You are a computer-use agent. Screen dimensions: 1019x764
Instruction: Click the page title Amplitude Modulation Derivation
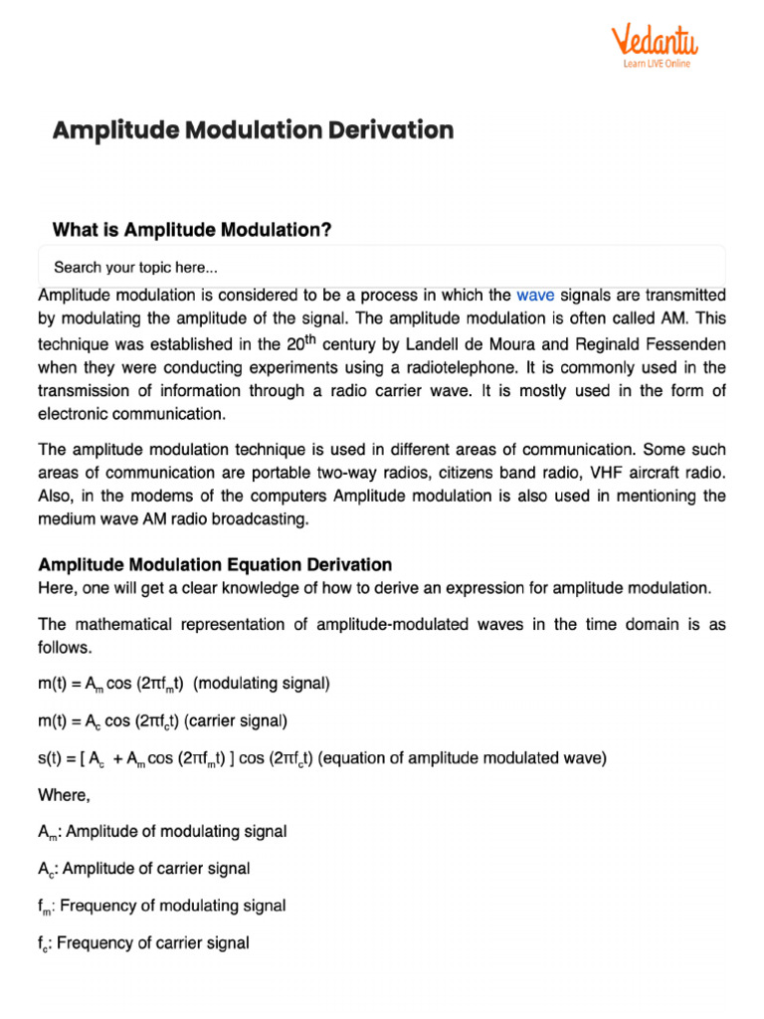pyautogui.click(x=253, y=130)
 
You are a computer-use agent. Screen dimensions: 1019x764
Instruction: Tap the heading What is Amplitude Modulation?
pyautogui.click(x=192, y=230)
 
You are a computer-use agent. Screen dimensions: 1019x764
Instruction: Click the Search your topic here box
pyautogui.click(x=381, y=268)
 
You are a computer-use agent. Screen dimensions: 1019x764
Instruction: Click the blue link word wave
pyautogui.click(x=535, y=296)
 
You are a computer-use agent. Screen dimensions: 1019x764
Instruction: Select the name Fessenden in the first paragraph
pyautogui.click(x=690, y=343)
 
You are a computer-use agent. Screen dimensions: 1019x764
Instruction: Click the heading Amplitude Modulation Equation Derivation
pyautogui.click(x=215, y=564)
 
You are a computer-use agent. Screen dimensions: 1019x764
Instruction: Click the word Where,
pyautogui.click(x=64, y=794)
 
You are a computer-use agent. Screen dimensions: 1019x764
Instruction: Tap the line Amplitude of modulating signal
pyautogui.click(x=174, y=831)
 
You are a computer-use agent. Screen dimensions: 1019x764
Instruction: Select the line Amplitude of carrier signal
pyautogui.click(x=155, y=869)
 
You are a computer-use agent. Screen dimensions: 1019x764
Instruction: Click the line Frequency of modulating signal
pyautogui.click(x=172, y=906)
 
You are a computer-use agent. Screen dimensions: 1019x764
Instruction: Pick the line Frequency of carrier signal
pyautogui.click(x=153, y=942)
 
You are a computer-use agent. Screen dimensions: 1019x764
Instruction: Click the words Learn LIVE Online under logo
pyautogui.click(x=656, y=64)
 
